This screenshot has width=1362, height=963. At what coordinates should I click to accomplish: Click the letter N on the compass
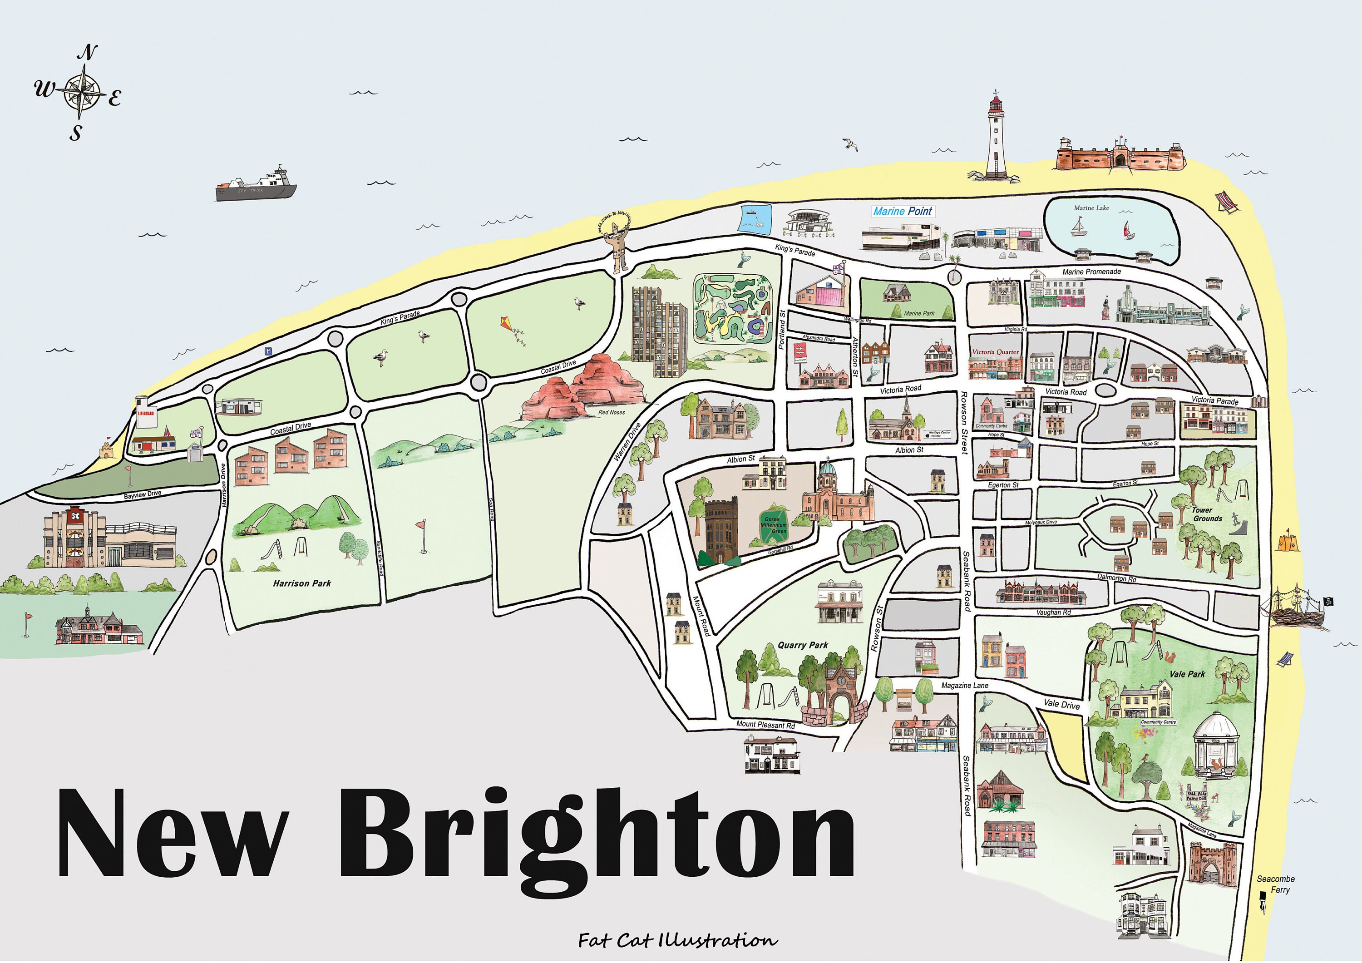[87, 53]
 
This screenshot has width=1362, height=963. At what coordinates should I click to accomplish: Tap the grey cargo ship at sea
[256, 185]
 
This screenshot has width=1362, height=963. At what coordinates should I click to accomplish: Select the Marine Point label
[903, 211]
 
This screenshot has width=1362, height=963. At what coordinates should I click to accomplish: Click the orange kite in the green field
[514, 331]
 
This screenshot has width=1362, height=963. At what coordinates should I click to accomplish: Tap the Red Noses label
[611, 412]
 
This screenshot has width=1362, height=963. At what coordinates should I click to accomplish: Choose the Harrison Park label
[302, 583]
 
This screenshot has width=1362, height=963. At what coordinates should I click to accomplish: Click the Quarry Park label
[803, 645]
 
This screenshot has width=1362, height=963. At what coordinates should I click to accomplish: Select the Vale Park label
[1187, 674]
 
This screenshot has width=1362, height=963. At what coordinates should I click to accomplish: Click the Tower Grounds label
[1207, 514]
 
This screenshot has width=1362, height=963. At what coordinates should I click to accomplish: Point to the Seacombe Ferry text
[1275, 884]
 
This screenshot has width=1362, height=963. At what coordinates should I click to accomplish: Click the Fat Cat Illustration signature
[677, 940]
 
